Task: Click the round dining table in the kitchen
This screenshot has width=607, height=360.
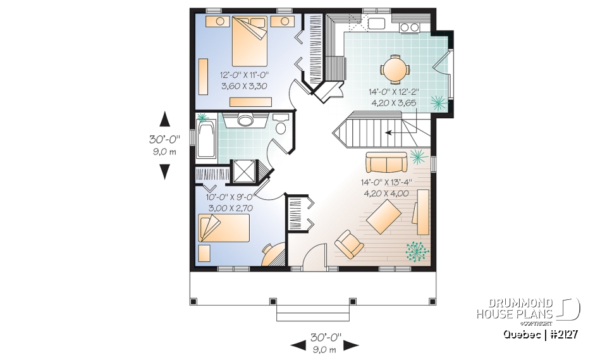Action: click(395, 68)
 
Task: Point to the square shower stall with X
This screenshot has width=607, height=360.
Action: click(243, 170)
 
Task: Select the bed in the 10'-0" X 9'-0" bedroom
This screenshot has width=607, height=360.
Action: click(224, 228)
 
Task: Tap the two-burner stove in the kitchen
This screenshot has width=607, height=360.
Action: click(409, 27)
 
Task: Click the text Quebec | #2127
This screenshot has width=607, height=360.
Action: click(541, 334)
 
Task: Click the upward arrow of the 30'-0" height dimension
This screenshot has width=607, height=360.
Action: click(165, 119)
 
